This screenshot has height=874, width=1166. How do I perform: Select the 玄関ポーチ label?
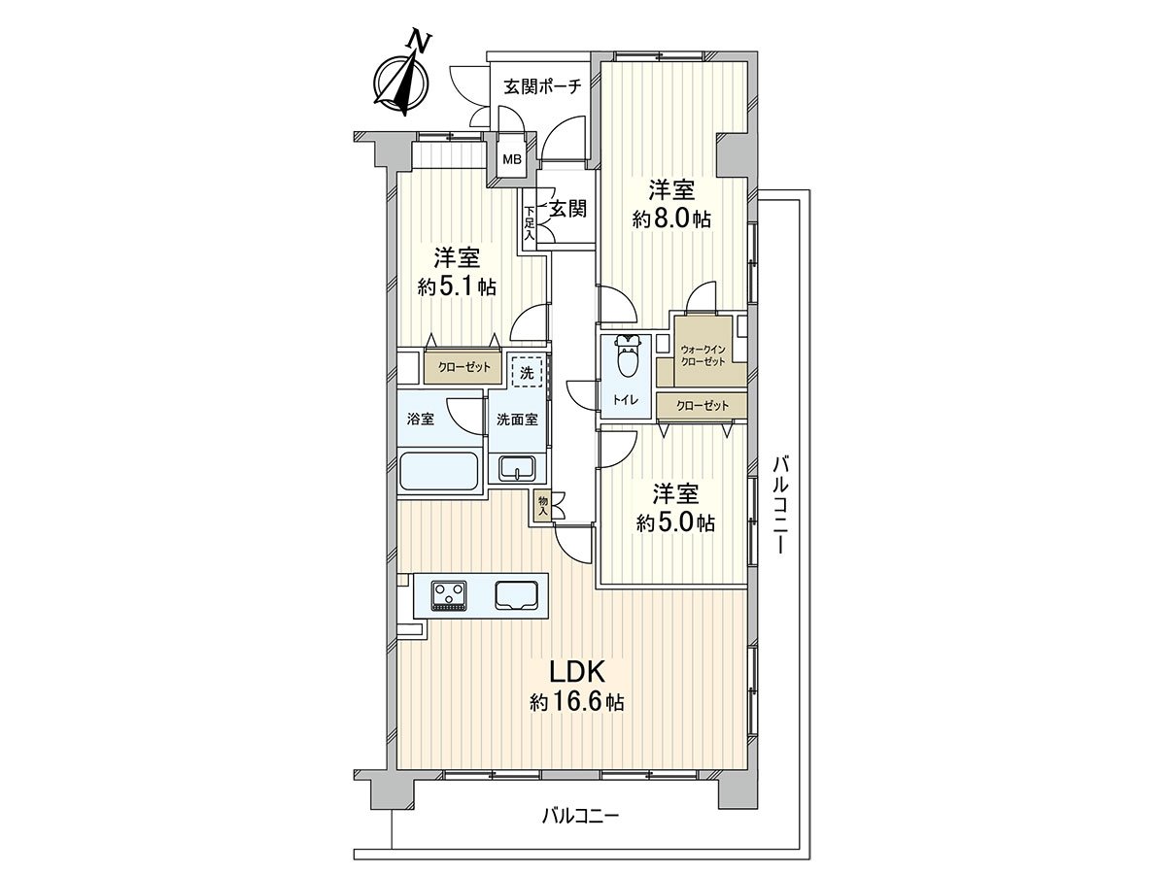coord(542,86)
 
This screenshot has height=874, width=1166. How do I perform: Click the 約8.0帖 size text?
coord(671,219)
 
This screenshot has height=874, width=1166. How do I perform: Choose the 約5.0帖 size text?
coord(675,522)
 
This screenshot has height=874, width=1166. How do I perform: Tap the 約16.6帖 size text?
coord(577,702)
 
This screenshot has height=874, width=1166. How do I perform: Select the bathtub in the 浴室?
coord(439,473)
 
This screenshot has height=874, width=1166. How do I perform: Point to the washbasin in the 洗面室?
coord(518,468)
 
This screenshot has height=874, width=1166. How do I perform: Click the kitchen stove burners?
coord(449,594)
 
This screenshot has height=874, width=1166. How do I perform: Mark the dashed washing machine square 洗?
coord(526,371)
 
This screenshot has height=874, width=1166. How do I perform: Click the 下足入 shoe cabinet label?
coord(530,222)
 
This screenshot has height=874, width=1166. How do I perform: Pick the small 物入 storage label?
coord(542,504)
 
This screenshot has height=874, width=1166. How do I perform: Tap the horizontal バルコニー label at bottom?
coord(580,815)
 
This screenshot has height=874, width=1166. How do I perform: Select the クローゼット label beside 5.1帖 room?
coord(463,369)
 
